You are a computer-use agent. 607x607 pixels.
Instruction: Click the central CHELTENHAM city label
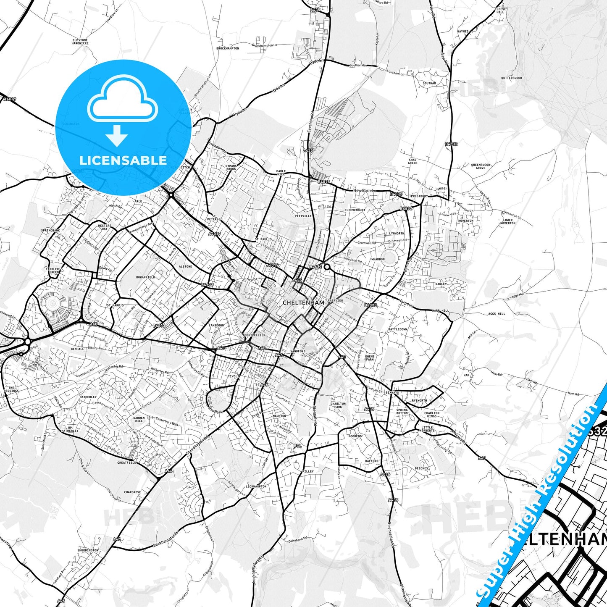[x=303, y=302]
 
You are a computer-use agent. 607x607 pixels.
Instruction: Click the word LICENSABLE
[x=123, y=160]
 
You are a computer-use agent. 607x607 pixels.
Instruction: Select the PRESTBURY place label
[x=419, y=196]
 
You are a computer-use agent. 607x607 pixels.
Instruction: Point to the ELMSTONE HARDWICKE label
[x=80, y=42]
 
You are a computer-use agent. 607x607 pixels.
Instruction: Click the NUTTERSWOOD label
[x=511, y=78]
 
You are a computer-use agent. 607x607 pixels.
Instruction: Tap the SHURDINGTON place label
[x=88, y=550]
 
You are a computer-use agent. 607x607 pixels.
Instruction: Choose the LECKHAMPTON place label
[x=256, y=486]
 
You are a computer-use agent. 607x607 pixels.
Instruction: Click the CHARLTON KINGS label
[x=431, y=415]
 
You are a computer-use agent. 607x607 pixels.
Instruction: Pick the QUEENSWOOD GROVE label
[x=481, y=166]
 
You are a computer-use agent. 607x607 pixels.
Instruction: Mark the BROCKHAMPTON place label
[x=228, y=48]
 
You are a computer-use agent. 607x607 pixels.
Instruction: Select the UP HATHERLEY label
[x=70, y=429]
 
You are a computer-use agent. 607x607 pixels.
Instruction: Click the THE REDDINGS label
[x=11, y=389]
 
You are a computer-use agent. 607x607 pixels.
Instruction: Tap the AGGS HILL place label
[x=497, y=314]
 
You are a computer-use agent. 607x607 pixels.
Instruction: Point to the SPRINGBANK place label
[x=50, y=231]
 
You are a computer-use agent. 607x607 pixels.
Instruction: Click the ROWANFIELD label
[x=145, y=277]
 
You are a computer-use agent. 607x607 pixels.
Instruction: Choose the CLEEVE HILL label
[x=500, y=11]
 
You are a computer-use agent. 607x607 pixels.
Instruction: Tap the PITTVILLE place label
[x=303, y=216]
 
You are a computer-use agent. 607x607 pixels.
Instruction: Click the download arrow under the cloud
[x=117, y=135]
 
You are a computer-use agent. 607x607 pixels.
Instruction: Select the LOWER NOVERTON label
[x=508, y=221]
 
